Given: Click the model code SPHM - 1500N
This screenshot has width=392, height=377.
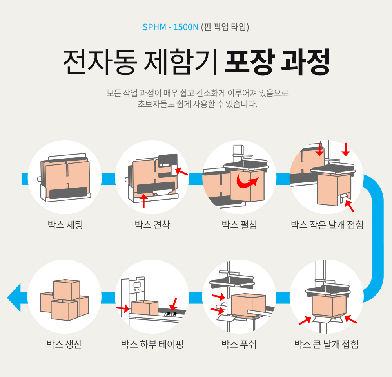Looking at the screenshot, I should click(x=171, y=27).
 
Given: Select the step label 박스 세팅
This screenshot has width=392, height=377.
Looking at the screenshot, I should click(x=65, y=225).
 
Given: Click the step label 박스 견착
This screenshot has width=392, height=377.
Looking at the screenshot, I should click(x=152, y=225).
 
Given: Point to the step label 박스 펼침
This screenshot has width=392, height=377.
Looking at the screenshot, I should click(x=239, y=225).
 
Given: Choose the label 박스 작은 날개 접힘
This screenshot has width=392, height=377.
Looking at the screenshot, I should click(x=327, y=225).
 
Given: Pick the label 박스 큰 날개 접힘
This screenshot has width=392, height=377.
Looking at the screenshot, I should click(x=327, y=345).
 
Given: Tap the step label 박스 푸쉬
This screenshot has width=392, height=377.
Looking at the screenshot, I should click(x=239, y=345).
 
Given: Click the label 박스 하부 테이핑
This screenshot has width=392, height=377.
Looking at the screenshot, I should click(x=152, y=345).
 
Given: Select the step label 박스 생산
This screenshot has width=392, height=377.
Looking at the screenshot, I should click(x=65, y=345).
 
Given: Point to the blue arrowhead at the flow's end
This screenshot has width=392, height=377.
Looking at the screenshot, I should click(x=14, y=298).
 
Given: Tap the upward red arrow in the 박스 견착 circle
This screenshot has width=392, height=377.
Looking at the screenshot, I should click(x=144, y=200).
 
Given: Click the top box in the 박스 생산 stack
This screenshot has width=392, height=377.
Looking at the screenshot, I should click(x=67, y=289).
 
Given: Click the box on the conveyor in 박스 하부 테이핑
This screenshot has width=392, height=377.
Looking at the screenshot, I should click(x=145, y=307).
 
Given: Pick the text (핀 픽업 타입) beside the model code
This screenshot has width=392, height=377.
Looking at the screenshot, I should click(x=225, y=27).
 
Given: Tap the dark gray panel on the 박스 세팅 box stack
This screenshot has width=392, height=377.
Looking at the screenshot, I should click(x=68, y=193).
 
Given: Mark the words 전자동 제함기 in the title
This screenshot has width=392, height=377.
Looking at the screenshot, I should click(x=140, y=62).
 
